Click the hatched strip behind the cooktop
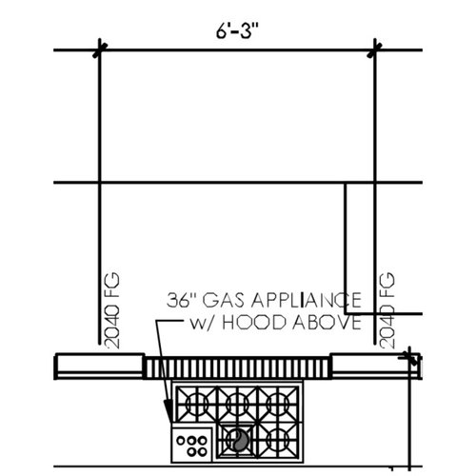click(x=238, y=367)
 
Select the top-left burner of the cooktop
click(x=197, y=402)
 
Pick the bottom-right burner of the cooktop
click(x=279, y=440)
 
